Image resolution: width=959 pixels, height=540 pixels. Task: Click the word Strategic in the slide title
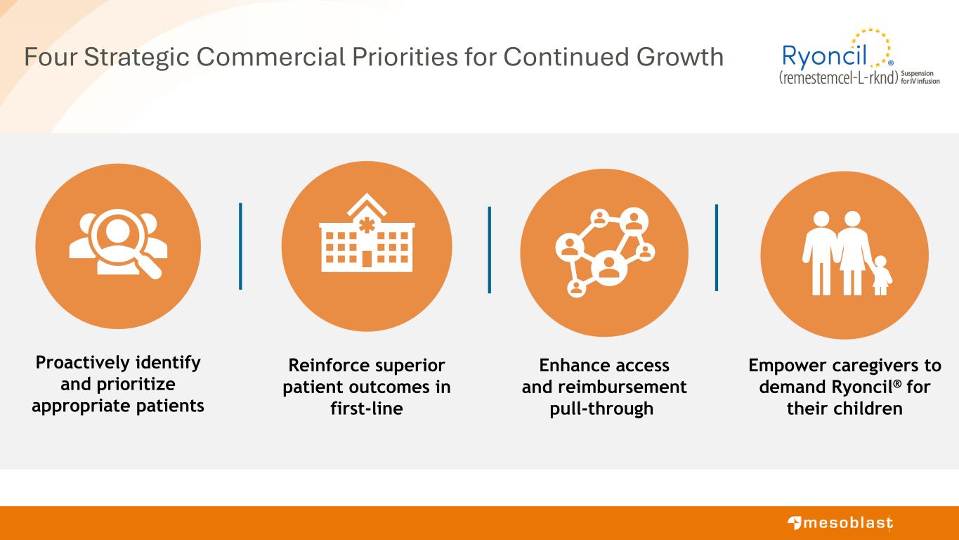coord(136,57)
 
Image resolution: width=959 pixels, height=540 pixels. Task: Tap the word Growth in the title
coord(680,56)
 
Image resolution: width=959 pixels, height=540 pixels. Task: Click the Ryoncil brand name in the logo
coord(825,56)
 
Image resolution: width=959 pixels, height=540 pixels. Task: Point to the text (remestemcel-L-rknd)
coord(838,77)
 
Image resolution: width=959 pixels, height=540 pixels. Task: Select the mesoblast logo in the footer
coord(840,523)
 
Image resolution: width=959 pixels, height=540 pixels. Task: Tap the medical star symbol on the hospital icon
coord(367,225)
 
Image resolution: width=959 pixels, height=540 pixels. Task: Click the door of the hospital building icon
coord(367,259)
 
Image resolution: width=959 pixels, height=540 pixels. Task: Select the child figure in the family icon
coord(880,275)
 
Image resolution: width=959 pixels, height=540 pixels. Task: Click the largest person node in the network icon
coord(609,268)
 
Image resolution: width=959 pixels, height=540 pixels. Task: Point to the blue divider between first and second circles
coord(240,246)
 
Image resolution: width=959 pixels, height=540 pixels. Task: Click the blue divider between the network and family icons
coord(717,247)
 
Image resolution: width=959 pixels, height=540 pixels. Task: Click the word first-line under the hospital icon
coord(367,409)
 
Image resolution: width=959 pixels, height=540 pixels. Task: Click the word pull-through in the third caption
coord(601,409)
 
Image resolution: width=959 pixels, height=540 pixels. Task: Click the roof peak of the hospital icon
coord(367,194)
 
